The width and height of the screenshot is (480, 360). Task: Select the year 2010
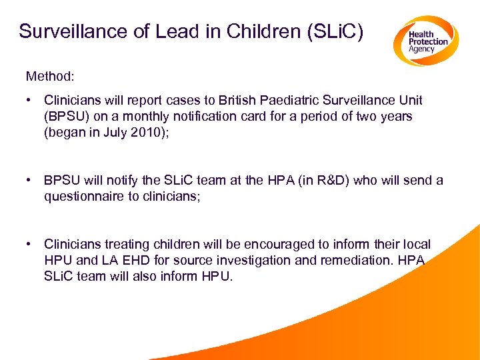pyautogui.click(x=144, y=132)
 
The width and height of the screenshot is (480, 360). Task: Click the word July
pyautogui.click(x=113, y=132)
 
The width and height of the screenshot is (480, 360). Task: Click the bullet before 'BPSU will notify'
pyautogui.click(x=30, y=181)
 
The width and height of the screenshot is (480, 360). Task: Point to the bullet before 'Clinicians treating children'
pyautogui.click(x=30, y=245)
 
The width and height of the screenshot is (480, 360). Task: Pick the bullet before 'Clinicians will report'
pyautogui.click(x=30, y=101)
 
